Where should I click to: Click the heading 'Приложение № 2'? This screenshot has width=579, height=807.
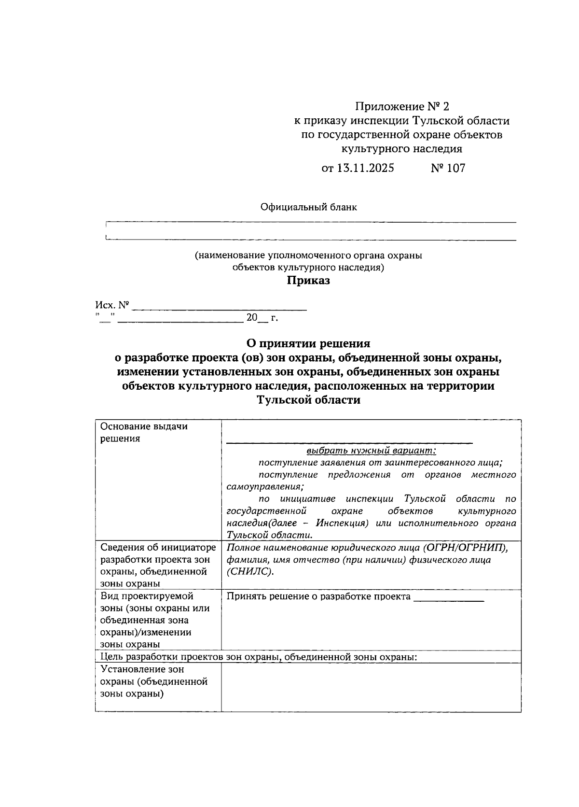[402, 106]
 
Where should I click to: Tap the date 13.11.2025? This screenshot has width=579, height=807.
[358, 168]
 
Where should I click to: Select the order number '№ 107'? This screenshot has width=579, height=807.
[448, 168]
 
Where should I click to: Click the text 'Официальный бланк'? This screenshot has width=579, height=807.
[309, 207]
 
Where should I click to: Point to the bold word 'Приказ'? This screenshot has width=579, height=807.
[309, 281]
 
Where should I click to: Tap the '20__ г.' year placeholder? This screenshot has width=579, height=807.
[262, 318]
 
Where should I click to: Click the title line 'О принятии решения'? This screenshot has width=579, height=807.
[308, 343]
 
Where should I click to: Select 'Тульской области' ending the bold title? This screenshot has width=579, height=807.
[308, 400]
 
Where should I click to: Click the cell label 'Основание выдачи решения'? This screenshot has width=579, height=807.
[144, 432]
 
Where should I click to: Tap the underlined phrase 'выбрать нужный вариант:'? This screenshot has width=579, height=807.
[371, 451]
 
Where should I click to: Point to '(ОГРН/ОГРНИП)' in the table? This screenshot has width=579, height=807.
[468, 547]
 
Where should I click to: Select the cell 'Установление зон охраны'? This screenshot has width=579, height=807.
[154, 681]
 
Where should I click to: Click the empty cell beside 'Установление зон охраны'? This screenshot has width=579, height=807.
[371, 687]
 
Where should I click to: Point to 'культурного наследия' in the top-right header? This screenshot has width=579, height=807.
[402, 149]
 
